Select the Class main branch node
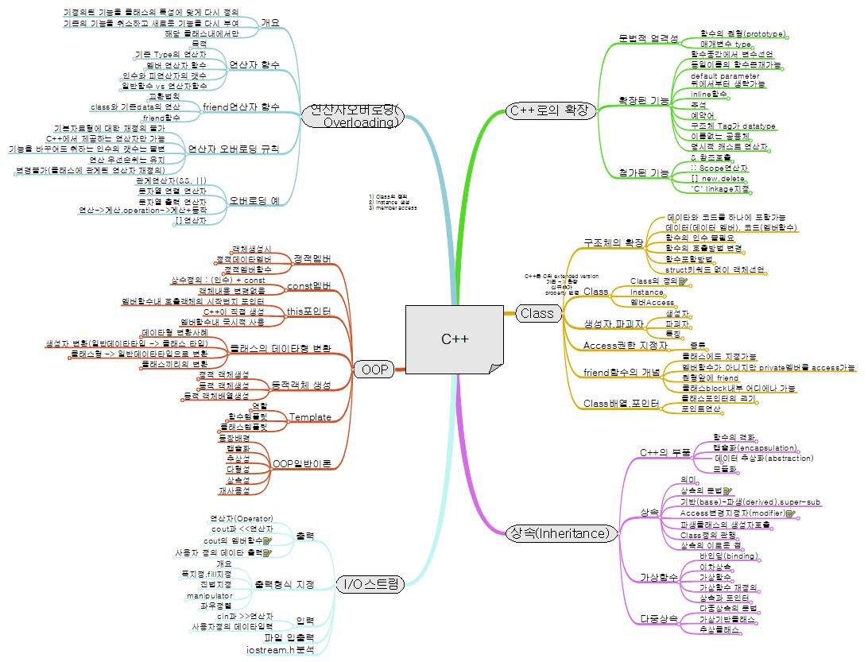pyautogui.click(x=537, y=313)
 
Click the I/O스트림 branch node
pyautogui.click(x=370, y=585)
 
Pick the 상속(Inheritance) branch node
pyautogui.click(x=560, y=533)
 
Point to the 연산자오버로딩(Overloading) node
pyautogui.click(x=353, y=116)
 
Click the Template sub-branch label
pyautogui.click(x=310, y=417)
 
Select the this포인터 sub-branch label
pyautogui.click(x=308, y=311)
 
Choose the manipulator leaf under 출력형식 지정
pyautogui.click(x=210, y=595)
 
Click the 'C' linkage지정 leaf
pyautogui.click(x=720, y=188)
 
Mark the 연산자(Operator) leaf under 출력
pyautogui.click(x=242, y=518)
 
